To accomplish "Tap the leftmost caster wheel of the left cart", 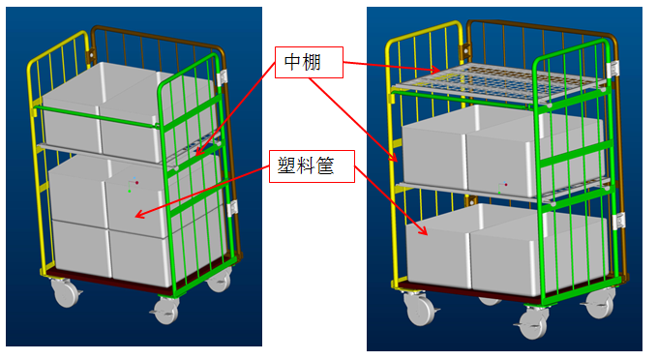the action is (66, 293).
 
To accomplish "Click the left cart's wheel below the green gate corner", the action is (166, 310).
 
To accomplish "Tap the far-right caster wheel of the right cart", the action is (600, 303).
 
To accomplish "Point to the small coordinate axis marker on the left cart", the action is (133, 185).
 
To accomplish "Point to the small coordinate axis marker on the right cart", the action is (502, 188).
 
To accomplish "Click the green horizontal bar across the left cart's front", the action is (97, 115).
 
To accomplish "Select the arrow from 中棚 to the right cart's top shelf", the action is (391, 67).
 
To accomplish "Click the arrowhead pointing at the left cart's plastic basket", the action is (140, 215).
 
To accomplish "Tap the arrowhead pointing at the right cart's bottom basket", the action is (424, 230).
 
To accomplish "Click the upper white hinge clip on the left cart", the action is (223, 77).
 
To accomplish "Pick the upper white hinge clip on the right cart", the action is (613, 69).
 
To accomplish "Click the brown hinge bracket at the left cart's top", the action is (90, 55).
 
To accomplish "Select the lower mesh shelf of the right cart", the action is (503, 191).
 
